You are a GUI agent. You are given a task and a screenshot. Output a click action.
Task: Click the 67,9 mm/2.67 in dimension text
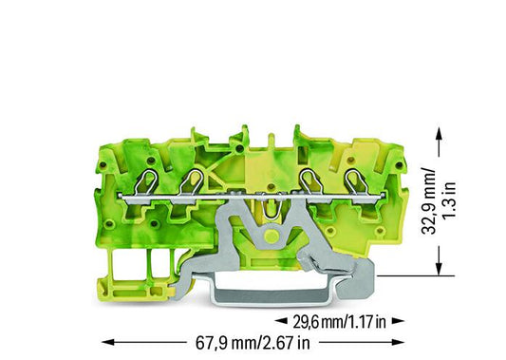(253, 343)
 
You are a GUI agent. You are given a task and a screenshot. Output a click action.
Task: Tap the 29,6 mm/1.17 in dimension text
(339, 322)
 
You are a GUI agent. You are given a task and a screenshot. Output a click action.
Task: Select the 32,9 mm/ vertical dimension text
(429, 200)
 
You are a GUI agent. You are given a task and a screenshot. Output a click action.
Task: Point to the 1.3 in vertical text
(449, 200)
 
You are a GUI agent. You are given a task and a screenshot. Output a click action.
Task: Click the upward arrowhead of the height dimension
(439, 133)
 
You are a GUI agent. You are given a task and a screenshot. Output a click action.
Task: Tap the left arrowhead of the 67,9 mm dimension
(108, 342)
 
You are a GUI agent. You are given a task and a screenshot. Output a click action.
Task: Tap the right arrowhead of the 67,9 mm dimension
(398, 342)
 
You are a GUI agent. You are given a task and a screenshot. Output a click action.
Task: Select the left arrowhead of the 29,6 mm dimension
(281, 321)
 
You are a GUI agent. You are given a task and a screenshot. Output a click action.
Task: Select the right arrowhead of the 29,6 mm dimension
(398, 321)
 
